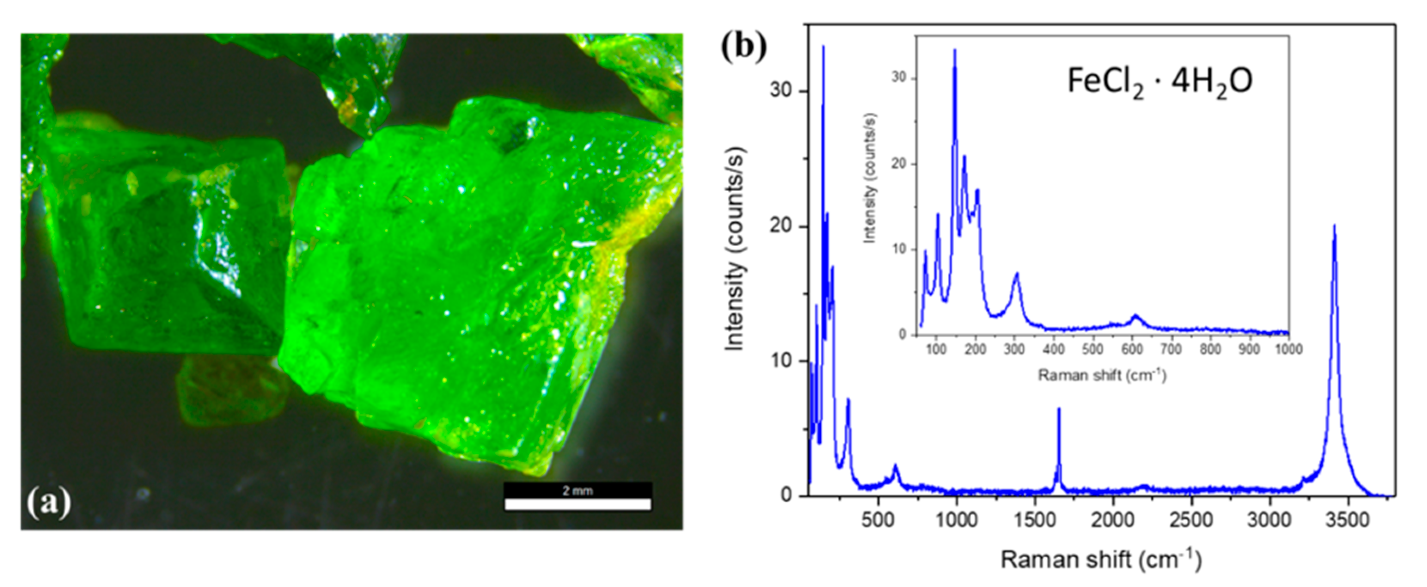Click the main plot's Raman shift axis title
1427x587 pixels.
pos(1101,560)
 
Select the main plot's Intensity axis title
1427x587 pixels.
pos(734,249)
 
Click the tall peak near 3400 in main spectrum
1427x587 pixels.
pos(1334,227)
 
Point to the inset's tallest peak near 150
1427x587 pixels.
pos(954,51)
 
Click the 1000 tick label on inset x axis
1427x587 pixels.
pos(1289,350)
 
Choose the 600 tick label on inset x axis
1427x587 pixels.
pos(1131,350)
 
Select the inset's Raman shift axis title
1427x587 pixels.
pos(1102,376)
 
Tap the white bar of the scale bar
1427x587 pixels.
pos(578,504)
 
